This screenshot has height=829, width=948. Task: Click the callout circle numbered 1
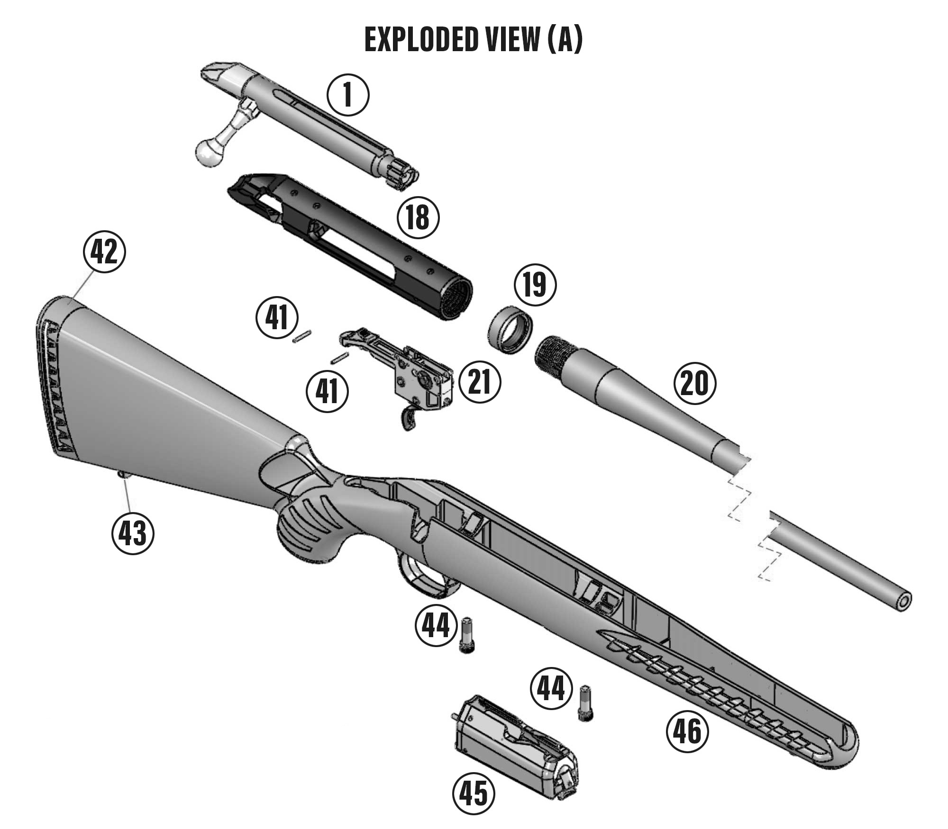348,95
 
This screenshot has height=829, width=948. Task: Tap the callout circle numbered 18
418,217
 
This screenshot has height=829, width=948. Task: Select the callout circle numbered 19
535,285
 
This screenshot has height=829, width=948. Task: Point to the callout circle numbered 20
694,384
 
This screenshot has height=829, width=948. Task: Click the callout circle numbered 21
480,382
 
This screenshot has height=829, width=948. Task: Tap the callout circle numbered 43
133,534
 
